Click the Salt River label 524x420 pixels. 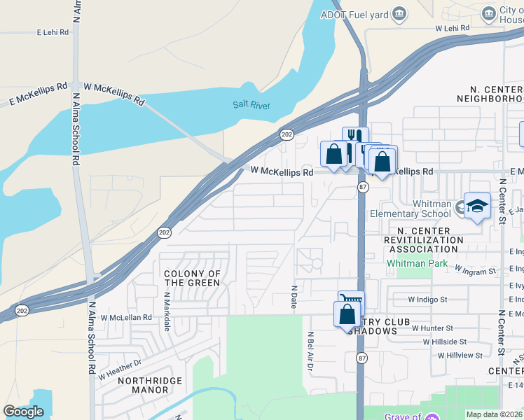coord(251,106)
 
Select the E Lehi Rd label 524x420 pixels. coord(53,32)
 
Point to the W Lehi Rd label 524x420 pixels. coord(452,28)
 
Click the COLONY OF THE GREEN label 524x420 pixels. coord(191,278)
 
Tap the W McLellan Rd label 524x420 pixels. coord(126,317)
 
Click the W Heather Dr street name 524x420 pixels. coord(120,368)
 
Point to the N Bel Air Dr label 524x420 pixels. coord(309,351)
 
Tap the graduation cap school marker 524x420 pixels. coord(477,206)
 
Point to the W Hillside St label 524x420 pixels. coord(444,342)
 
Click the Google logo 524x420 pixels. coord(23,412)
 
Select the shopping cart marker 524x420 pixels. coord(351,301)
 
